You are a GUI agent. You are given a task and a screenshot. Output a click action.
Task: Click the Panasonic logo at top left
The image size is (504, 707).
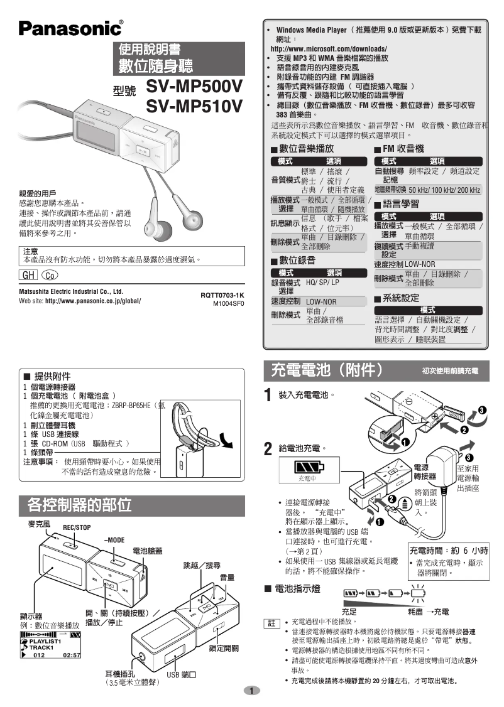click(70, 28)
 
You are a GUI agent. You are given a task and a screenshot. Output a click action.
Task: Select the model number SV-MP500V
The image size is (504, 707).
click(194, 86)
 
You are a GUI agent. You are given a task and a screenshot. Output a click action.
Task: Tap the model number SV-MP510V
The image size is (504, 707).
click(194, 107)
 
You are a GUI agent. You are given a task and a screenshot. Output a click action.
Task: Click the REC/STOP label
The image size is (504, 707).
click(77, 527)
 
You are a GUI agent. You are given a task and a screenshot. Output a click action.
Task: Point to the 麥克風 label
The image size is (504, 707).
click(40, 523)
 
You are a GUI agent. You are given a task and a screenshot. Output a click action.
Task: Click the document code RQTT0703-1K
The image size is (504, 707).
click(222, 294)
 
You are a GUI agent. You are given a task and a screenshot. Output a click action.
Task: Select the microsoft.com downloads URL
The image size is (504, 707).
click(329, 48)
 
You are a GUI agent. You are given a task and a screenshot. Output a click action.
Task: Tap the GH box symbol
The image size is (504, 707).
click(29, 275)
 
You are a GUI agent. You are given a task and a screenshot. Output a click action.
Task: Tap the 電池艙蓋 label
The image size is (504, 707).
click(148, 551)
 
